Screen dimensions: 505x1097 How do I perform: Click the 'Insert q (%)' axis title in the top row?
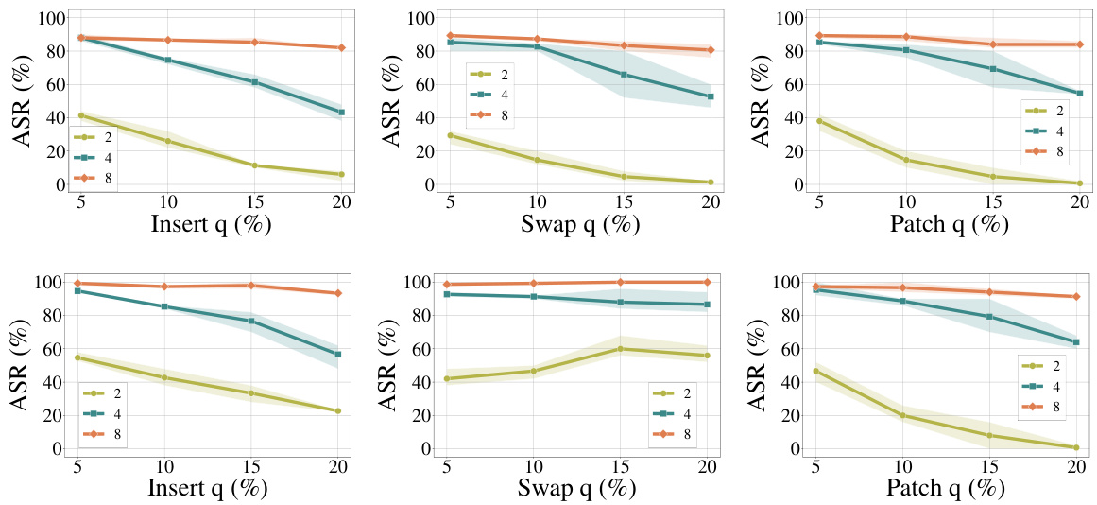210,225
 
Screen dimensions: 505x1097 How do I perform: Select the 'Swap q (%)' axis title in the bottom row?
579,489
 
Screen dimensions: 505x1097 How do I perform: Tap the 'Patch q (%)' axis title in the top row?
949,225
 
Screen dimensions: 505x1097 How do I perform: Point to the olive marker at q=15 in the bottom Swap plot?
621,349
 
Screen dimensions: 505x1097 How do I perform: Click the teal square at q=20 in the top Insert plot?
341,113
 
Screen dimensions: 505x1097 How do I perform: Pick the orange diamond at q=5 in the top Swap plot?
450,36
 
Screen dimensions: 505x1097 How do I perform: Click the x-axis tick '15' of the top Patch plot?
991,201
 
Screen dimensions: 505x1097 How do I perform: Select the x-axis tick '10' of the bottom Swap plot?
535,465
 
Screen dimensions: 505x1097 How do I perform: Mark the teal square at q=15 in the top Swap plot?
621,74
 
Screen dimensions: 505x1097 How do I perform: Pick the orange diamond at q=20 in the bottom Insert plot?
338,293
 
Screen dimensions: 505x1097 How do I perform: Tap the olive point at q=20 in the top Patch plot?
1078,183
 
